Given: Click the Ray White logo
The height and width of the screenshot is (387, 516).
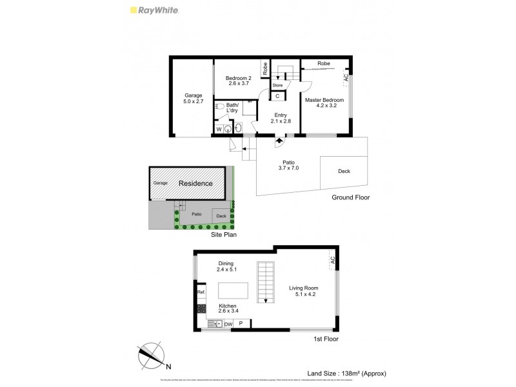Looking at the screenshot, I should [155, 10].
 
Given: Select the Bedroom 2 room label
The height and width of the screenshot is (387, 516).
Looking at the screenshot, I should [239, 81].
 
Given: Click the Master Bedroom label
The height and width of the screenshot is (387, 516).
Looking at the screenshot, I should [324, 103].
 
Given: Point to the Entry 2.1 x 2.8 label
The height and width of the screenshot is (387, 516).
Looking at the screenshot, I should [282, 119].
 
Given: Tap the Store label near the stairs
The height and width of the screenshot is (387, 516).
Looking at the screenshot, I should [278, 84].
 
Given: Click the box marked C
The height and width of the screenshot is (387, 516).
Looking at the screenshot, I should [278, 96].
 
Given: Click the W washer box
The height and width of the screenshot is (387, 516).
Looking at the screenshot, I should [219, 129].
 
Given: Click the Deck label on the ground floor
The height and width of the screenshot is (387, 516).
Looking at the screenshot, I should [344, 172].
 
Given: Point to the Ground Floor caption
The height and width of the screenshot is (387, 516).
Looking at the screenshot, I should [351, 198].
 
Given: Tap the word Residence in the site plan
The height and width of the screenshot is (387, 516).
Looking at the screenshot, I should [195, 183].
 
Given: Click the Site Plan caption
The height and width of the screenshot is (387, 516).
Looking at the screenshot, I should [224, 235].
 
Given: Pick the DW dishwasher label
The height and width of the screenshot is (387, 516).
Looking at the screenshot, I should [228, 324].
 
